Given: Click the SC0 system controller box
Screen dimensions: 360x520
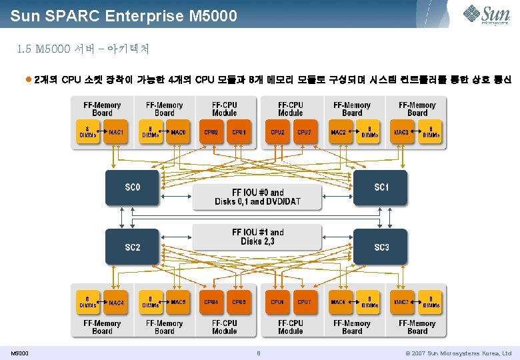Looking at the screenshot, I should pyautogui.click(x=132, y=187).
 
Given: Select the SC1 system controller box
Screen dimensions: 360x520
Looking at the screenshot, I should pyautogui.click(x=380, y=187).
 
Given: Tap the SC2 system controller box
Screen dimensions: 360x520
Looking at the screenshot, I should pyautogui.click(x=132, y=247).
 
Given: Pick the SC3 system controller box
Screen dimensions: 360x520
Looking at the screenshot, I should pyautogui.click(x=380, y=247).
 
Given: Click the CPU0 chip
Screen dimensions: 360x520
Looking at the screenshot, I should pyautogui.click(x=211, y=133).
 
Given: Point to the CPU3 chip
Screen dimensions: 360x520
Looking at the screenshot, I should pyautogui.click(x=304, y=133).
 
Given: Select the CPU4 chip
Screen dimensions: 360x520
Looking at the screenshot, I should pyautogui.click(x=211, y=302).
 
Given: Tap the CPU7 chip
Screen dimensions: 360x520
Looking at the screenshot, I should pyautogui.click(x=304, y=302).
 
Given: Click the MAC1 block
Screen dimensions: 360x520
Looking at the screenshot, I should pyautogui.click(x=116, y=133).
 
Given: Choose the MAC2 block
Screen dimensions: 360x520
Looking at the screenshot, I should pyautogui.click(x=338, y=133).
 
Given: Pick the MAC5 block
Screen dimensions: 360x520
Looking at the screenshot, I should pyautogui.click(x=178, y=302).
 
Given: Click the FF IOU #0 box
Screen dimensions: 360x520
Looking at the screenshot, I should pyautogui.click(x=257, y=197).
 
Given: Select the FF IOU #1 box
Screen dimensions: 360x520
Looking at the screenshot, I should pyautogui.click(x=257, y=237).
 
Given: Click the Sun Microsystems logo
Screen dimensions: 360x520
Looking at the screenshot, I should pyautogui.click(x=489, y=13).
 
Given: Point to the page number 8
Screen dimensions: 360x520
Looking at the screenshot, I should pyautogui.click(x=258, y=353).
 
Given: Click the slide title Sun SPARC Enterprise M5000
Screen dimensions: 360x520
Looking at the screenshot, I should pyautogui.click(x=123, y=14).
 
